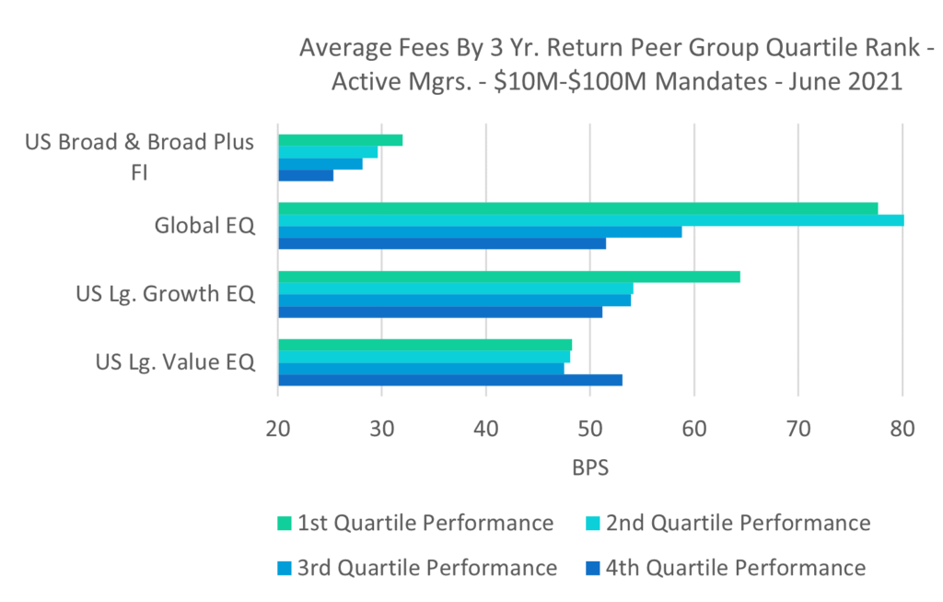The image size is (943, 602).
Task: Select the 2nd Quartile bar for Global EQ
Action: point(590,220)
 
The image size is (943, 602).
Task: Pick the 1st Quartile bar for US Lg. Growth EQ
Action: point(508,277)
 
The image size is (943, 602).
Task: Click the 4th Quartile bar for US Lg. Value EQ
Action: point(449,380)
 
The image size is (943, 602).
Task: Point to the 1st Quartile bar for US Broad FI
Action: point(340,140)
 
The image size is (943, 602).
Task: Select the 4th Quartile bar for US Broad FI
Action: point(306,175)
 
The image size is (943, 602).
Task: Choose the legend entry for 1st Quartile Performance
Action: point(425,524)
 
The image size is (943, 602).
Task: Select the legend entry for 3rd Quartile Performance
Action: point(426,568)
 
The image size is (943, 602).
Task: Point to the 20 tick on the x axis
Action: point(278,429)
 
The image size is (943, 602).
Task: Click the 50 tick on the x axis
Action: point(590,429)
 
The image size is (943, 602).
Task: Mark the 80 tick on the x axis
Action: point(902,429)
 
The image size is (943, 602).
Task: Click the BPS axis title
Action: point(590,467)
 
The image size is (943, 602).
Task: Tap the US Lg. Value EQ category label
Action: point(175,362)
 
